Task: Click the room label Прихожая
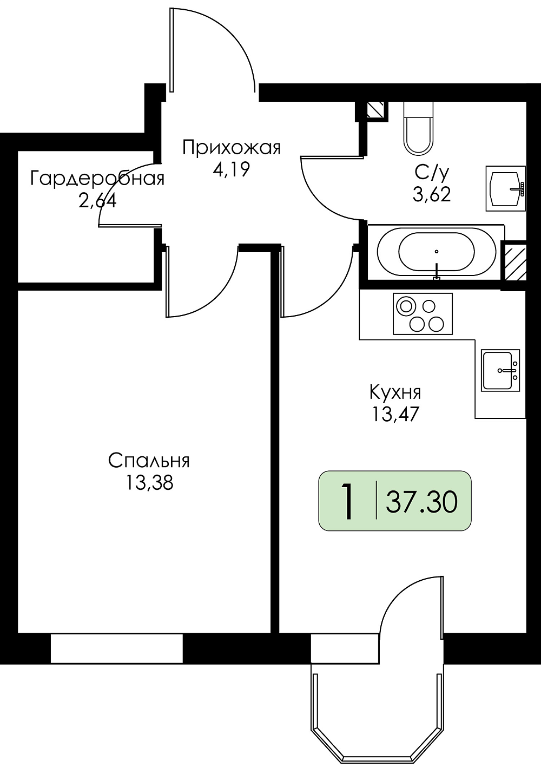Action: [232, 148]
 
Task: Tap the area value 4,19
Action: [231, 169]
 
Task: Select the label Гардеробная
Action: [97, 179]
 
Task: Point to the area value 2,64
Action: [97, 200]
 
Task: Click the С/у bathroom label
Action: [432, 173]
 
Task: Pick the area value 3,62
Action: [432, 194]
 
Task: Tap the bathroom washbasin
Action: [505, 188]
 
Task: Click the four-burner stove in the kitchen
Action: [423, 314]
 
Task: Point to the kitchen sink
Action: [500, 370]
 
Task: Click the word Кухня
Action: [395, 393]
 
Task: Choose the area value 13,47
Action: [395, 414]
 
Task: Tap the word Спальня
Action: [149, 461]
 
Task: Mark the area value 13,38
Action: [149, 482]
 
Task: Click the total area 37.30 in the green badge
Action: [421, 502]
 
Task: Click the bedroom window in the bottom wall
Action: [116, 653]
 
